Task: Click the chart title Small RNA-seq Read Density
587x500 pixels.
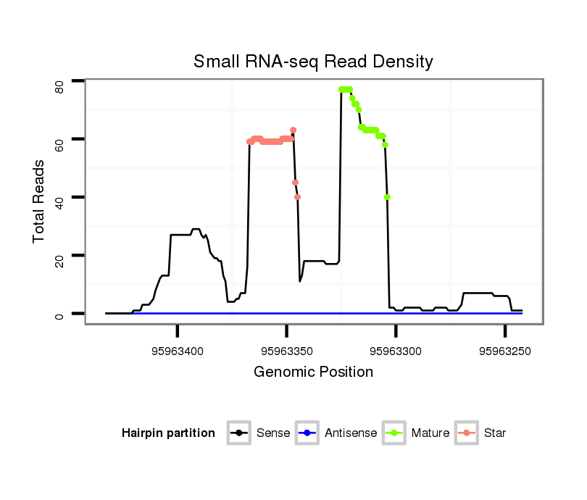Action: point(313,62)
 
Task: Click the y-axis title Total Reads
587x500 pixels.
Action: point(39,201)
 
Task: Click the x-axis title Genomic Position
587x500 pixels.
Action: point(313,372)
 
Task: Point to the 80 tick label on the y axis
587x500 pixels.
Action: point(59,87)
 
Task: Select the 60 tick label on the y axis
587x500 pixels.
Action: point(59,139)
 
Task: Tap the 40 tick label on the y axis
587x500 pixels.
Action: point(59,198)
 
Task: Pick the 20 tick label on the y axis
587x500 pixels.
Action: point(59,256)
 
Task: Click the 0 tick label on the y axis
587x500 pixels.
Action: point(59,314)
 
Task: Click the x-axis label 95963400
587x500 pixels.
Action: point(178,351)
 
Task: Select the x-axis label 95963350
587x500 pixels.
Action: point(287,351)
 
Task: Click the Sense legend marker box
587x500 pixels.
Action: point(239,433)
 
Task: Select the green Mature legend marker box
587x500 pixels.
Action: point(394,433)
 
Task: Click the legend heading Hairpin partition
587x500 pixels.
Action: point(168,433)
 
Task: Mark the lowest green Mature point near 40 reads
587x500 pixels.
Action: point(388,197)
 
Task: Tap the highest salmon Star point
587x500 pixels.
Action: point(293,130)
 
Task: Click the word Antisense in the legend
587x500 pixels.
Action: point(351,433)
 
